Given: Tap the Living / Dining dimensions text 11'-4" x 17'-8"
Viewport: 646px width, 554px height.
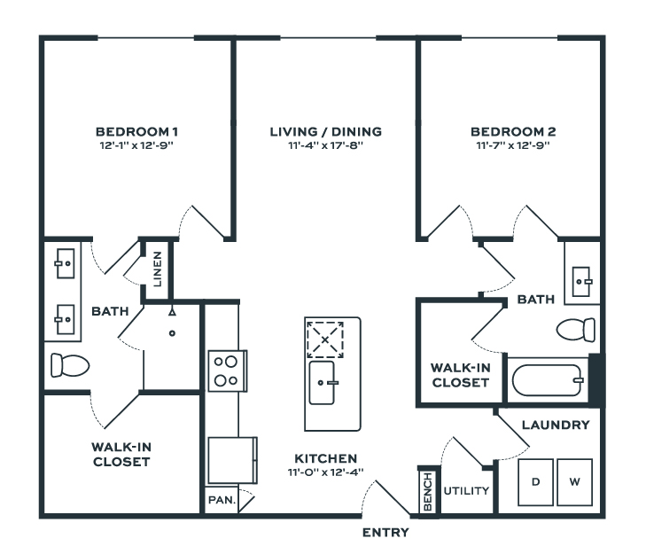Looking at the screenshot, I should click(x=325, y=145).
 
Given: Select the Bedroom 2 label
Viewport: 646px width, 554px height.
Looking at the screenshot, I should click(x=512, y=132).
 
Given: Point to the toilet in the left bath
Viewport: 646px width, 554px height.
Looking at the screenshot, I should click(x=70, y=364).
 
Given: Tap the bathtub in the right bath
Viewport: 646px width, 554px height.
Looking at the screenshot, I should click(x=548, y=381).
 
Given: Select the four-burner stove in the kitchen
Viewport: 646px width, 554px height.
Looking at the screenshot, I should click(x=226, y=371).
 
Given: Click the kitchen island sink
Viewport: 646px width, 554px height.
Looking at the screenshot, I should click(x=323, y=382).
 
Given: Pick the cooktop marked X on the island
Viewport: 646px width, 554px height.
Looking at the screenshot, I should click(x=325, y=338).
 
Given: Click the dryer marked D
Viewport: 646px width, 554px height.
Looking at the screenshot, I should click(x=535, y=482).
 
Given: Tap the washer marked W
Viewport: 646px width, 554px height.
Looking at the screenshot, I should click(x=574, y=482).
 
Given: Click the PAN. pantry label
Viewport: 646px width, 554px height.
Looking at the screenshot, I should click(x=222, y=500).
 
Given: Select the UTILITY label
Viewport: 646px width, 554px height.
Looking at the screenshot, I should click(x=466, y=489).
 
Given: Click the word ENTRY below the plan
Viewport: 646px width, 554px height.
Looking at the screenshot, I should click(x=385, y=533).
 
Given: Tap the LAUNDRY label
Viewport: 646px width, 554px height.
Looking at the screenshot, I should click(x=555, y=425).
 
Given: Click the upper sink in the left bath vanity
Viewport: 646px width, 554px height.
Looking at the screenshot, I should click(x=64, y=262).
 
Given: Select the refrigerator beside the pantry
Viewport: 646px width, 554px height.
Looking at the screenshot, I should click(x=232, y=459).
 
